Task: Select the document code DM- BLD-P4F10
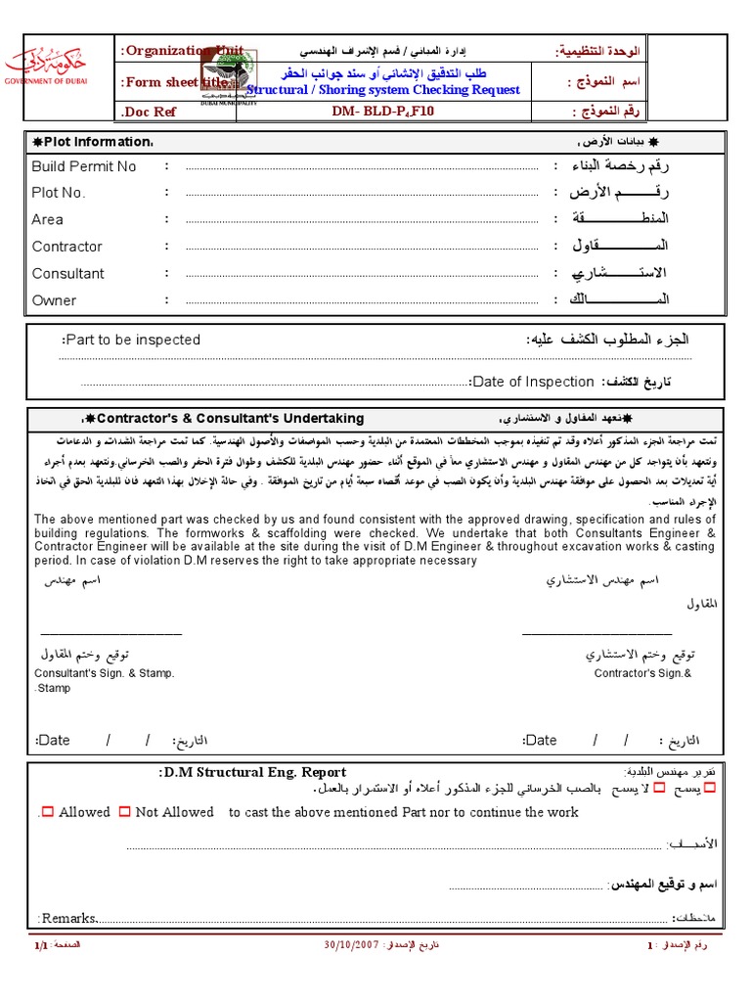(x=382, y=113)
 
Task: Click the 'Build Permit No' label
(x=84, y=166)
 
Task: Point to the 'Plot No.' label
(x=59, y=193)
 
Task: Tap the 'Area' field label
(x=47, y=219)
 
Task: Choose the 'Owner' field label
(x=54, y=300)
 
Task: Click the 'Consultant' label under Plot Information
(x=67, y=274)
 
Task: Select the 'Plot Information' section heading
(x=93, y=143)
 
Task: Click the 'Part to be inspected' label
(x=131, y=340)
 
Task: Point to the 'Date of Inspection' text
(x=532, y=382)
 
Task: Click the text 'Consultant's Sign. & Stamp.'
(x=105, y=673)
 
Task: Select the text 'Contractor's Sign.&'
(x=641, y=673)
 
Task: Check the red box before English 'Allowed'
(x=48, y=812)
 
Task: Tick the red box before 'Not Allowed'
(x=124, y=812)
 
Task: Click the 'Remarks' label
(x=67, y=918)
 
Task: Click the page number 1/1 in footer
(x=40, y=947)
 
